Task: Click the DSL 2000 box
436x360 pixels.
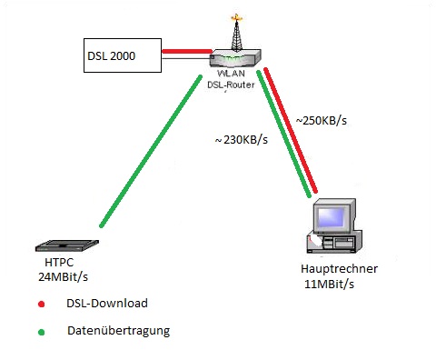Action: click(x=123, y=55)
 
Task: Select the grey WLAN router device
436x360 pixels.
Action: click(x=235, y=58)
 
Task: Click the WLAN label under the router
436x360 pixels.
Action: click(x=231, y=74)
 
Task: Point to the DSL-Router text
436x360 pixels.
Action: click(x=231, y=85)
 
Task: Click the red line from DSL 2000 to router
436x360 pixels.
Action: click(x=187, y=51)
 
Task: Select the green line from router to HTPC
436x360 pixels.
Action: click(x=151, y=151)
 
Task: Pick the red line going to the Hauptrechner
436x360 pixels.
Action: click(x=291, y=130)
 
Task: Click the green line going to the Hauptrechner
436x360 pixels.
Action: click(x=284, y=134)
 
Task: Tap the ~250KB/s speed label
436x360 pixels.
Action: click(x=322, y=121)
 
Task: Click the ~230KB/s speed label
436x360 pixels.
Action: click(x=242, y=140)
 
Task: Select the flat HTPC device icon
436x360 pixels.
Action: click(x=67, y=245)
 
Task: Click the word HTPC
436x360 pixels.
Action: click(x=59, y=263)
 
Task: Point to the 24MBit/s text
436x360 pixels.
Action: click(x=63, y=276)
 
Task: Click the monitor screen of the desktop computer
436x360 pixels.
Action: click(x=331, y=216)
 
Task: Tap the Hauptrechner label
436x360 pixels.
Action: click(x=339, y=269)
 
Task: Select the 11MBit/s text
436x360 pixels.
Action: click(x=329, y=285)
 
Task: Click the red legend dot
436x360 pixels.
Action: click(x=42, y=305)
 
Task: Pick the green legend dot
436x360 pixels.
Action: click(x=42, y=333)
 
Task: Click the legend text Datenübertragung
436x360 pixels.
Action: click(x=118, y=331)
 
